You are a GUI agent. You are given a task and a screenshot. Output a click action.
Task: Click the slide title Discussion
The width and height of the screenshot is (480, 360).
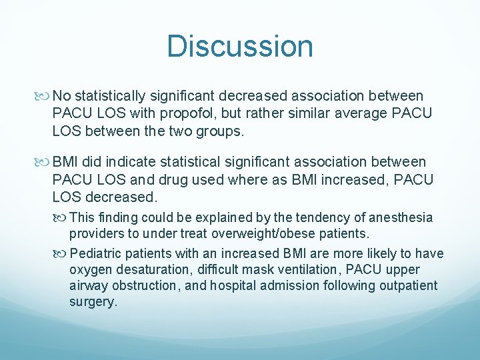coord(240,46)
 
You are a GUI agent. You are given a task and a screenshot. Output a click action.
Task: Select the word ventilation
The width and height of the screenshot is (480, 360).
coord(292,270)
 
